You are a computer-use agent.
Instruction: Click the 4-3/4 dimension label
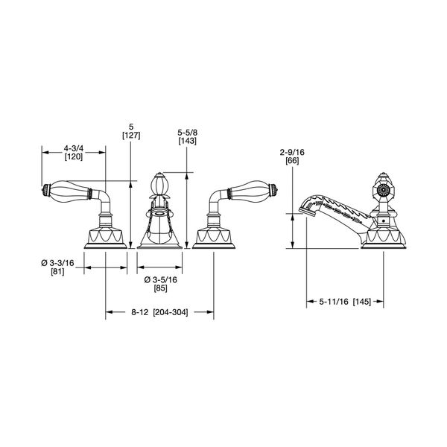[x=74, y=148]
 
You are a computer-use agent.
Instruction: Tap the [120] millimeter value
[x=74, y=156]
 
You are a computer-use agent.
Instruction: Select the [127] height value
[x=131, y=136]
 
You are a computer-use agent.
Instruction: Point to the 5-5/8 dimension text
[x=188, y=133]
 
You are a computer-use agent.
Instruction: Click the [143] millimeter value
[x=188, y=141]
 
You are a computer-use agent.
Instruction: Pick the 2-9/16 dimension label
[x=292, y=152]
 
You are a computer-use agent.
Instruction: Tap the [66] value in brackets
[x=292, y=161]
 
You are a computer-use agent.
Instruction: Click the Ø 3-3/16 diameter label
[x=57, y=263]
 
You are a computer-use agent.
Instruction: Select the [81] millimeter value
[x=57, y=272]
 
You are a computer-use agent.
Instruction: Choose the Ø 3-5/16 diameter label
[x=160, y=279]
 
